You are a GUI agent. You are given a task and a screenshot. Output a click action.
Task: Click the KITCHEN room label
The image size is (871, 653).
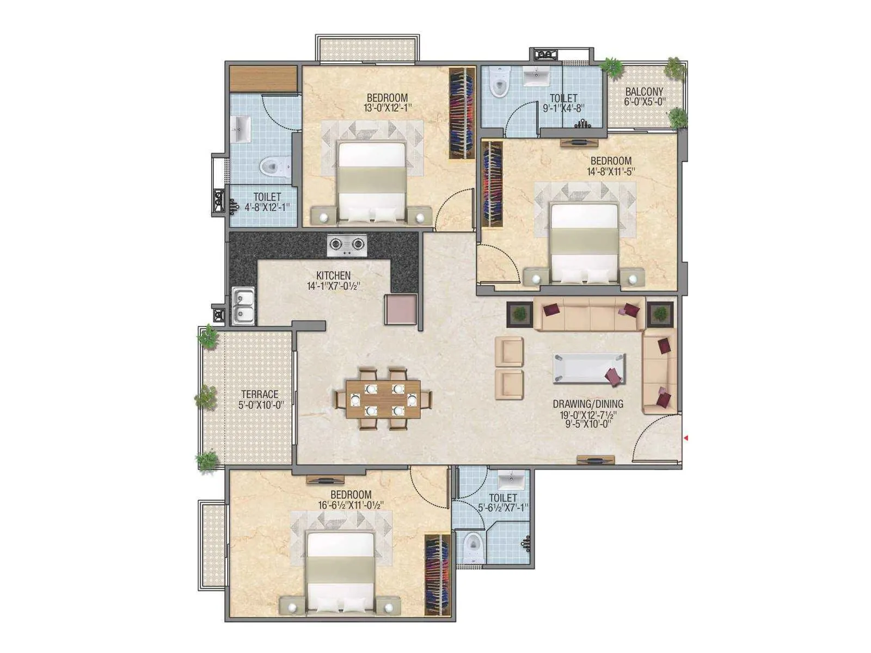(x=333, y=276)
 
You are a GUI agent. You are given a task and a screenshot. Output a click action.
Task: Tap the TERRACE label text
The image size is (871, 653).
(x=260, y=395)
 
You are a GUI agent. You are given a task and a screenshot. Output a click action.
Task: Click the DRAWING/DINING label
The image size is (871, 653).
(x=588, y=404)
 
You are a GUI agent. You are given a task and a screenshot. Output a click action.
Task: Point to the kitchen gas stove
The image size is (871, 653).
(x=347, y=245)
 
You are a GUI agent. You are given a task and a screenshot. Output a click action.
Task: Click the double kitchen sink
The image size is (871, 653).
(x=243, y=306)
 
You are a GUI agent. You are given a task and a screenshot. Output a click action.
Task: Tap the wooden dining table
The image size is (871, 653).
(x=384, y=399)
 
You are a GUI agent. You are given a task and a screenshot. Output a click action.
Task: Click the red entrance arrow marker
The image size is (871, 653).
(x=686, y=438)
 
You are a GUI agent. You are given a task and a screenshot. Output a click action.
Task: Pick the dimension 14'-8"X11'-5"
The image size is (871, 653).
(x=611, y=172)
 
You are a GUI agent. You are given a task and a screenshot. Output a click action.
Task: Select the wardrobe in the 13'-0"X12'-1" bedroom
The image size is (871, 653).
(x=462, y=113)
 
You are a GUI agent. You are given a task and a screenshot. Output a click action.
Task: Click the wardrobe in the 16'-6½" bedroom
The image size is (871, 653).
(x=438, y=575)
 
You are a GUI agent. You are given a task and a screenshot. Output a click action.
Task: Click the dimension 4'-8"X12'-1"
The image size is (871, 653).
(x=267, y=207)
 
